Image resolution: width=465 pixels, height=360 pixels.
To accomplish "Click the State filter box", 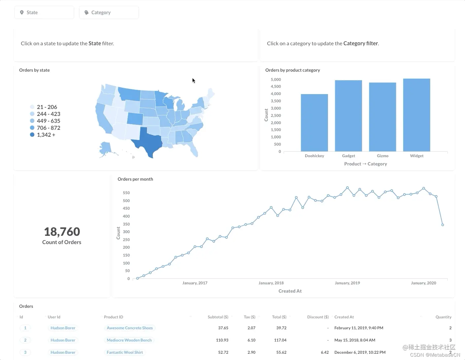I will point(44,13).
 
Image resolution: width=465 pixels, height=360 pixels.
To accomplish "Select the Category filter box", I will point(109,13).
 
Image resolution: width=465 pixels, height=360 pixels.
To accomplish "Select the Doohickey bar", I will point(314,123).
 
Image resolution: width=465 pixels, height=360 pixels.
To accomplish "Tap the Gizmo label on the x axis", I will point(382,156).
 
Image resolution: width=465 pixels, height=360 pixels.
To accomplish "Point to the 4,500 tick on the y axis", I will point(276,87).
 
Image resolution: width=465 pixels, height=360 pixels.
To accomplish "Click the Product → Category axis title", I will point(365,164).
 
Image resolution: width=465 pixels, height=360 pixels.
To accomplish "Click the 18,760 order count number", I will point(62,232).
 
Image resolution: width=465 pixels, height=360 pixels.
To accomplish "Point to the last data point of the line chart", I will point(443,225).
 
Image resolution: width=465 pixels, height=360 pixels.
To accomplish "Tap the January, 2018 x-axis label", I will point(271,283).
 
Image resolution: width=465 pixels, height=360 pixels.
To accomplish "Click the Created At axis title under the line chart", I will point(290,291).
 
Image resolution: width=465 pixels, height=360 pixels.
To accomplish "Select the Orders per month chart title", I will point(135,179).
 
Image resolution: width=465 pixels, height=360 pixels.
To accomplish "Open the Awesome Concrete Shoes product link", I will point(129,328).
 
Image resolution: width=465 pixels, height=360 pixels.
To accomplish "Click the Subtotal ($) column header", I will point(218,317).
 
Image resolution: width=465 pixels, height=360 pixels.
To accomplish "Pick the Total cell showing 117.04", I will point(280,340).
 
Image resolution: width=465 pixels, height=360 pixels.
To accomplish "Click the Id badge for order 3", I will point(25,352).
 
